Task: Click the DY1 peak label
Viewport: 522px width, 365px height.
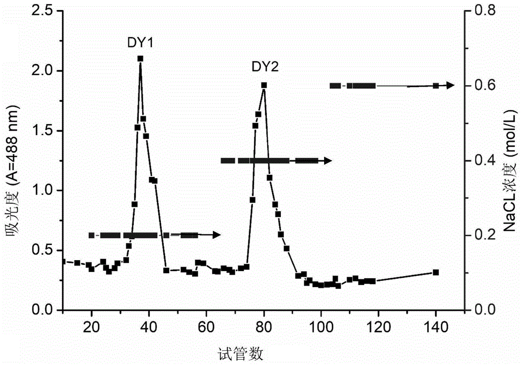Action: coord(140,43)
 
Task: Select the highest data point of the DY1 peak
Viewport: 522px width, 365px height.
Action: coord(140,58)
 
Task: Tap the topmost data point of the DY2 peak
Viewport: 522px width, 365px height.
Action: coord(264,85)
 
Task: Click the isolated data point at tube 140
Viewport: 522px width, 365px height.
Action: coord(436,272)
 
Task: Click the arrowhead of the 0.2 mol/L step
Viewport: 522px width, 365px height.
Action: coord(217,236)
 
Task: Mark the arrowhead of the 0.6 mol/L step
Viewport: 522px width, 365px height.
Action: coord(451,86)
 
